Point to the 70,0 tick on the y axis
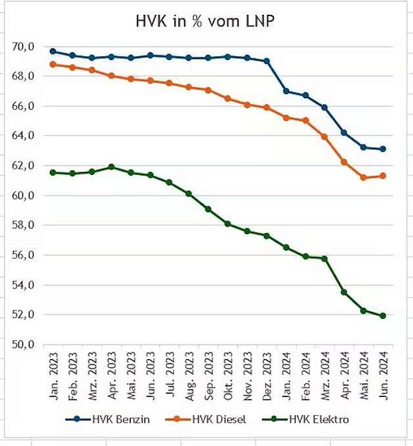click(x=23, y=46)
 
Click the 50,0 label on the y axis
click(x=23, y=345)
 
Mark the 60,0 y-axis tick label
click(x=23, y=196)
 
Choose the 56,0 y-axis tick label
click(x=23, y=255)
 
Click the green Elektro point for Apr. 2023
click(x=111, y=167)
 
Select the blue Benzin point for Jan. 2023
click(x=53, y=51)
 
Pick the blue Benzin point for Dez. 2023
click(x=267, y=61)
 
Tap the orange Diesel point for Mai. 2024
click(x=364, y=177)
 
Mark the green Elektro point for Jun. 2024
click(x=383, y=316)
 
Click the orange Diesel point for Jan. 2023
click(x=53, y=64)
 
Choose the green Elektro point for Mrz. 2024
click(x=325, y=259)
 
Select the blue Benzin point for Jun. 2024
click(x=383, y=149)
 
